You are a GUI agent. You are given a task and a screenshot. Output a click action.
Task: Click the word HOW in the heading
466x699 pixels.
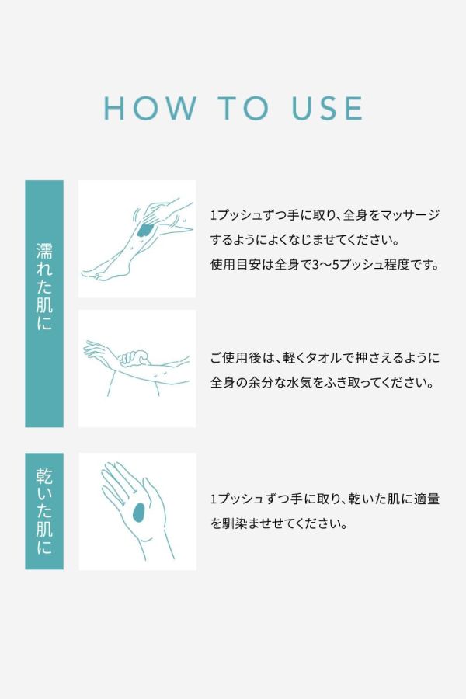(x=150, y=108)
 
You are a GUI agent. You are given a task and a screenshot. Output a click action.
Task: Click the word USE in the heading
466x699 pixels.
(x=327, y=108)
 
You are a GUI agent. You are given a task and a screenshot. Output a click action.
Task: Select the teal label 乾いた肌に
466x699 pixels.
(x=44, y=511)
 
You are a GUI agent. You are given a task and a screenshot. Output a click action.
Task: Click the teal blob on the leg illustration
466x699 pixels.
(x=144, y=231)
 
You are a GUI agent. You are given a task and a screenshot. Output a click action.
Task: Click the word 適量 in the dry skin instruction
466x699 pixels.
(x=426, y=499)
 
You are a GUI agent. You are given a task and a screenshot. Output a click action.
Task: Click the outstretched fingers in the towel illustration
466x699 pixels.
(x=95, y=349)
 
